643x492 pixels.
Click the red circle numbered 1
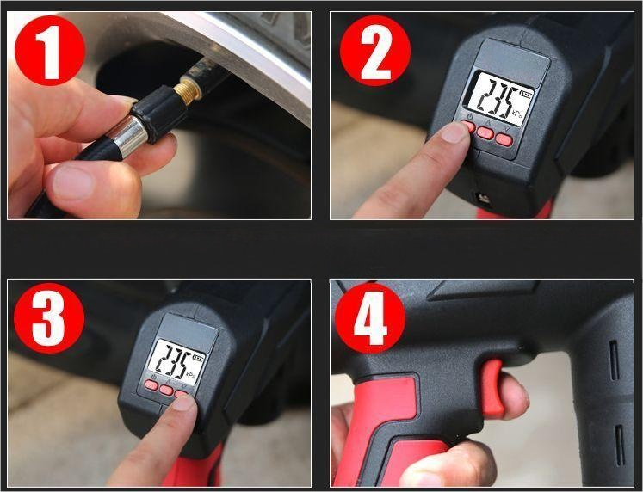[50, 51]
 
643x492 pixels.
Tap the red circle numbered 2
[375, 51]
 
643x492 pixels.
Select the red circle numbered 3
[49, 318]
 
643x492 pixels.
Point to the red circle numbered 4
[370, 318]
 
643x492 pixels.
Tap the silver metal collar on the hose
[130, 137]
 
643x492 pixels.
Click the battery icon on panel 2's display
[525, 95]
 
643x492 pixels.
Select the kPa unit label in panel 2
[516, 113]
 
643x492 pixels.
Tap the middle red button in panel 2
[485, 132]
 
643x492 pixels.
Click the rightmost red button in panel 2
[504, 139]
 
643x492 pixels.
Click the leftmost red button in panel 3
[151, 384]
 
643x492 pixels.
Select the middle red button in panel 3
[166, 390]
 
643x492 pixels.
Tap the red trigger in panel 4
[492, 388]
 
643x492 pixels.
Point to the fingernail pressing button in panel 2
[454, 132]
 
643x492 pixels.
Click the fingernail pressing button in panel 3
[183, 403]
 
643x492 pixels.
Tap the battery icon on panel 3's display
[199, 358]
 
